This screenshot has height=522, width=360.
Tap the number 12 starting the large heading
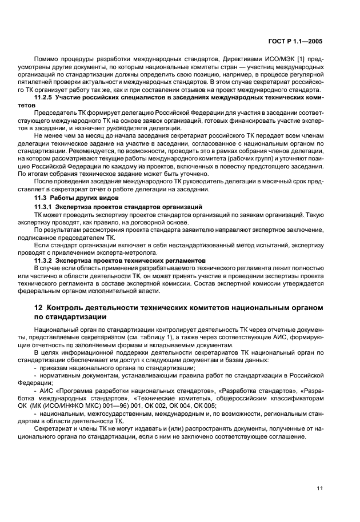(x=39, y=309)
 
